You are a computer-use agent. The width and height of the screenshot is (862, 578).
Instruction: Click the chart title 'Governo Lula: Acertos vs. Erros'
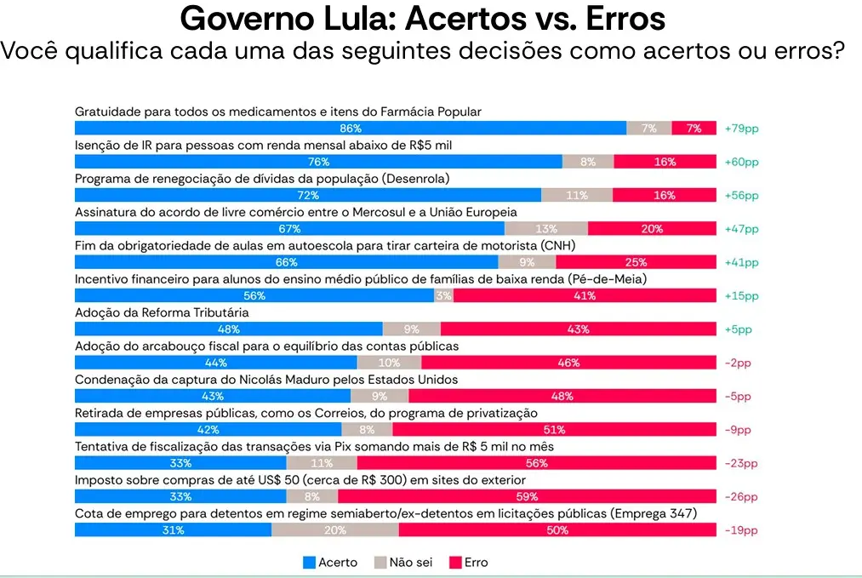click(423, 19)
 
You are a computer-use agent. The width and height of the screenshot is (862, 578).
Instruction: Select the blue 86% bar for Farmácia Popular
click(351, 128)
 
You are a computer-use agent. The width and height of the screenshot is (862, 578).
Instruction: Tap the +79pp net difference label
click(741, 128)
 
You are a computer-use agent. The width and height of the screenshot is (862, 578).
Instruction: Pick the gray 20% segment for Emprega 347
click(334, 530)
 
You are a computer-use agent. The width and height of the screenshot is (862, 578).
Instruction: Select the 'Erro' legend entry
click(469, 562)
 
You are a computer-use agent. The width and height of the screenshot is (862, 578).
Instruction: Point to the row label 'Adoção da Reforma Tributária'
click(162, 312)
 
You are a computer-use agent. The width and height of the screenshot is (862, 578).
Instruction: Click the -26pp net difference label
click(740, 496)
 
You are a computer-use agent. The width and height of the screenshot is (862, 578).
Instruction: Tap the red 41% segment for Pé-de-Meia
click(584, 295)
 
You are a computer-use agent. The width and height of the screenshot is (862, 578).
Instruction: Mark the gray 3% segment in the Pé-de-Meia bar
click(443, 295)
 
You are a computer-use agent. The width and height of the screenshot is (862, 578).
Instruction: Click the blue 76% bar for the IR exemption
click(318, 162)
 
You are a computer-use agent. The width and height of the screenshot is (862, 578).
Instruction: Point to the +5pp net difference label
click(739, 329)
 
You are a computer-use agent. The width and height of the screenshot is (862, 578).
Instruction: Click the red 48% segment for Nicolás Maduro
click(562, 396)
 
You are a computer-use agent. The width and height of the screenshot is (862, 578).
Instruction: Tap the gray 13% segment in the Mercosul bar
click(546, 228)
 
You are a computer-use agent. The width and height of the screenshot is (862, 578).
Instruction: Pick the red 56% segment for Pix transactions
click(536, 463)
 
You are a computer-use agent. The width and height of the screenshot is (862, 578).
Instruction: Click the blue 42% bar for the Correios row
click(208, 430)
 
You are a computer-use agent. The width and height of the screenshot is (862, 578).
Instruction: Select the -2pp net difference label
click(738, 363)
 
